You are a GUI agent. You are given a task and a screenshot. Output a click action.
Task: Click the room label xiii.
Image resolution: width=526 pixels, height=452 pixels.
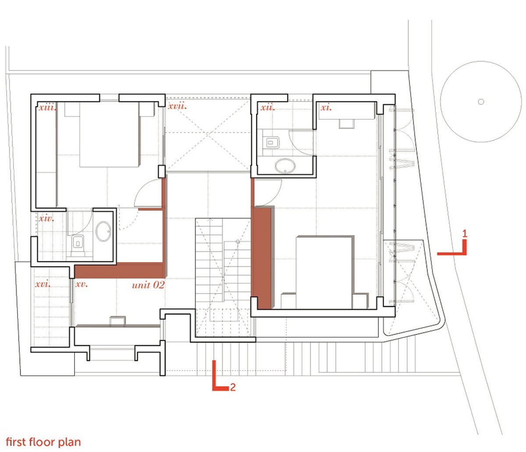[47, 107]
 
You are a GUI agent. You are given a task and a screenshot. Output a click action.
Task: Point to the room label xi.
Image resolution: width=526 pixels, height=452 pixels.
[326, 107]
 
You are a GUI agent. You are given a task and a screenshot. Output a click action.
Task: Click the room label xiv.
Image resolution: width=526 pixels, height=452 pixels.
[46, 218]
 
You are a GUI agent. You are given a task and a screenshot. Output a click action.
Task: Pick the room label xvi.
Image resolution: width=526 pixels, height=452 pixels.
[43, 284]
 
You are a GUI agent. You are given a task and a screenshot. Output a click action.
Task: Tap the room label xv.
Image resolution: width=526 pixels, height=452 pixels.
[82, 284]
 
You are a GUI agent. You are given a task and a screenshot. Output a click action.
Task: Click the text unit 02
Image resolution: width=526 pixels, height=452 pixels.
[148, 285]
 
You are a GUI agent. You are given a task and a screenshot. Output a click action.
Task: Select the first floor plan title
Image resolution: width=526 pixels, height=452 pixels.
[43, 441]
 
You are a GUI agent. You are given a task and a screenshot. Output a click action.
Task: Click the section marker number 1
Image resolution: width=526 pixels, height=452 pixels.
[465, 234]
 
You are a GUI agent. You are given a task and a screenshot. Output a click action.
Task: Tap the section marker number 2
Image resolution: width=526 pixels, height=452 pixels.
[233, 387]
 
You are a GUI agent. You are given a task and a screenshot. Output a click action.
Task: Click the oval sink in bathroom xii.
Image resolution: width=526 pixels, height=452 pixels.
[285, 166]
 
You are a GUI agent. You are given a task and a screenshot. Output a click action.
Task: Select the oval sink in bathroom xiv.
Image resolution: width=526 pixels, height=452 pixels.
[104, 231]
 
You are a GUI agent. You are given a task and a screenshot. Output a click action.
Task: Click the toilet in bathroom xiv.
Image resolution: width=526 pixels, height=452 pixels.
[79, 242]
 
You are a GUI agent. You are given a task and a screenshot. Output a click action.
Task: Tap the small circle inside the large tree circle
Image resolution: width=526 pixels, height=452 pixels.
[481, 102]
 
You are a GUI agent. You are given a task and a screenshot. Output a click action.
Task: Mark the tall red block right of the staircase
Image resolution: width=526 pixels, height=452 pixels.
[263, 257]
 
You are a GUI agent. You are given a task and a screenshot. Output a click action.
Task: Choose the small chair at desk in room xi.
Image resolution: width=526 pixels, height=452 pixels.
[346, 124]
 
